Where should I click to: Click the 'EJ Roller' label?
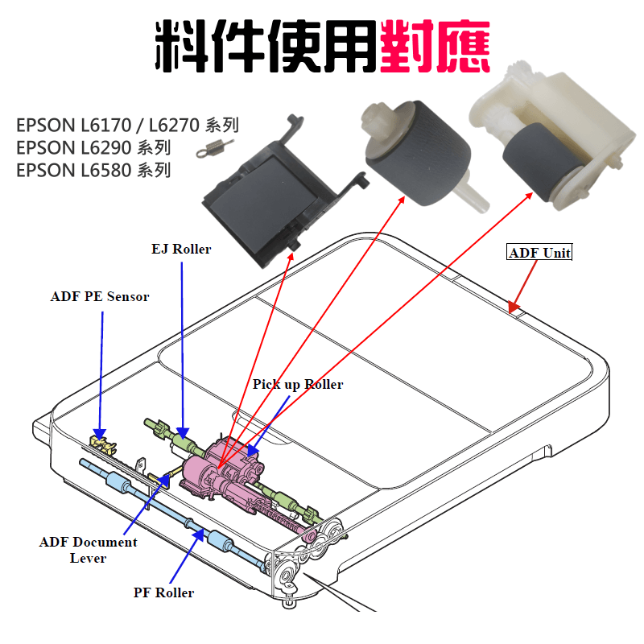click(x=180, y=249)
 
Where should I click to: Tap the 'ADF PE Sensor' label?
click(x=100, y=296)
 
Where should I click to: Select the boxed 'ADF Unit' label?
click(x=539, y=253)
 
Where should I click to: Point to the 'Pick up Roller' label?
click(x=297, y=384)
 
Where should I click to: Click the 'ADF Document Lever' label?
click(x=89, y=549)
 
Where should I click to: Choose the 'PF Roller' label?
click(x=163, y=592)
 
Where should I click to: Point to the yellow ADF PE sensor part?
click(x=101, y=440)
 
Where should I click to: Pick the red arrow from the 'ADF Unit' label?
click(x=524, y=285)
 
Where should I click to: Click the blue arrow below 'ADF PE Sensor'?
click(x=102, y=370)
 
